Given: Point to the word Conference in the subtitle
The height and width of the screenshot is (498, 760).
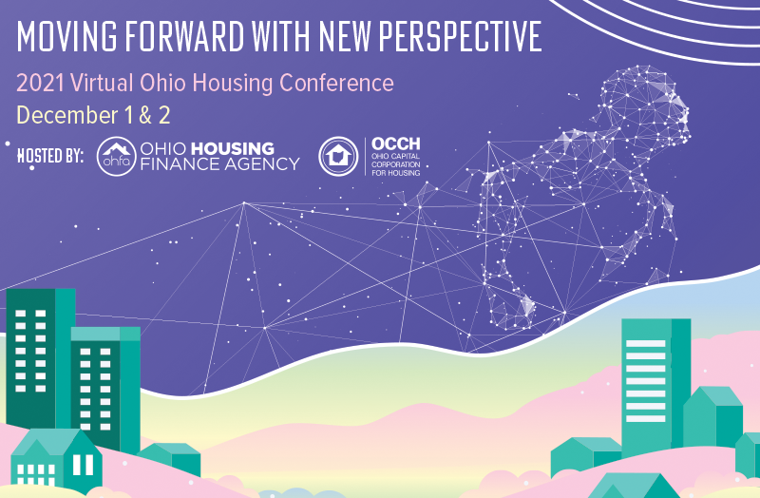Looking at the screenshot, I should coord(336,84).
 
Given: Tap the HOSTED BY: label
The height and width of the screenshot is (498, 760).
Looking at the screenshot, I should coord(50,155).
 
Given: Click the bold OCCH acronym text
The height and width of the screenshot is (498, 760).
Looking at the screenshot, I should coord(394,145).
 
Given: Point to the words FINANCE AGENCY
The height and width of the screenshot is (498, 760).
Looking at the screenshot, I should coord(219,164).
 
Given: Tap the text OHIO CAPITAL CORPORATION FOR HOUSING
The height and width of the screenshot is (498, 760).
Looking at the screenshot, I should coord(395,167).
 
